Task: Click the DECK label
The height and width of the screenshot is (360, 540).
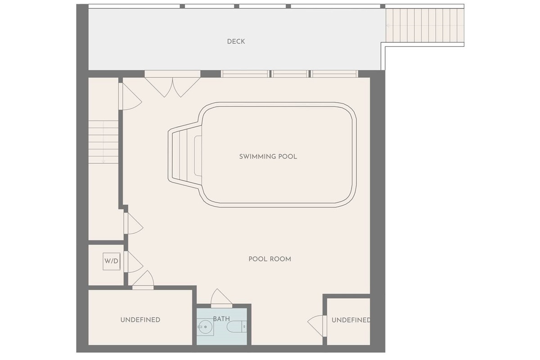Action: tap(236, 41)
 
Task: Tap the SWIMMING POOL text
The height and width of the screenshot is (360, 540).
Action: tap(268, 157)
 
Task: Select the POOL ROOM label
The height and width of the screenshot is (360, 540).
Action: tap(270, 259)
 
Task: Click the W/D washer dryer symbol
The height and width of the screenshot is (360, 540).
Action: tap(112, 261)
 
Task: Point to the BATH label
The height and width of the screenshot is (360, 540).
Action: tap(221, 319)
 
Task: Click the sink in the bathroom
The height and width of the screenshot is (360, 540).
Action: tap(205, 327)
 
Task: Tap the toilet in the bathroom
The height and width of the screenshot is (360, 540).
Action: tap(237, 327)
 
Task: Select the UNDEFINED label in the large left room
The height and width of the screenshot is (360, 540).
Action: tap(140, 320)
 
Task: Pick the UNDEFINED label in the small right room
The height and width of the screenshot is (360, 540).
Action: tap(351, 320)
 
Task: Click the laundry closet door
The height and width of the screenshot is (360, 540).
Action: tap(133, 262)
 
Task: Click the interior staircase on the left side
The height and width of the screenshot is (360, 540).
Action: tap(103, 142)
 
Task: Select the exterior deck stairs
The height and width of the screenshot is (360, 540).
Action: tap(425, 25)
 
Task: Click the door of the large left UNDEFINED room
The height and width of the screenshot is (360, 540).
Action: tap(143, 280)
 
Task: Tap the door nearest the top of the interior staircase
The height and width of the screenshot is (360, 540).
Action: tap(130, 96)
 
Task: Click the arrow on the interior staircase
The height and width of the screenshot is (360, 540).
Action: tap(103, 142)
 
